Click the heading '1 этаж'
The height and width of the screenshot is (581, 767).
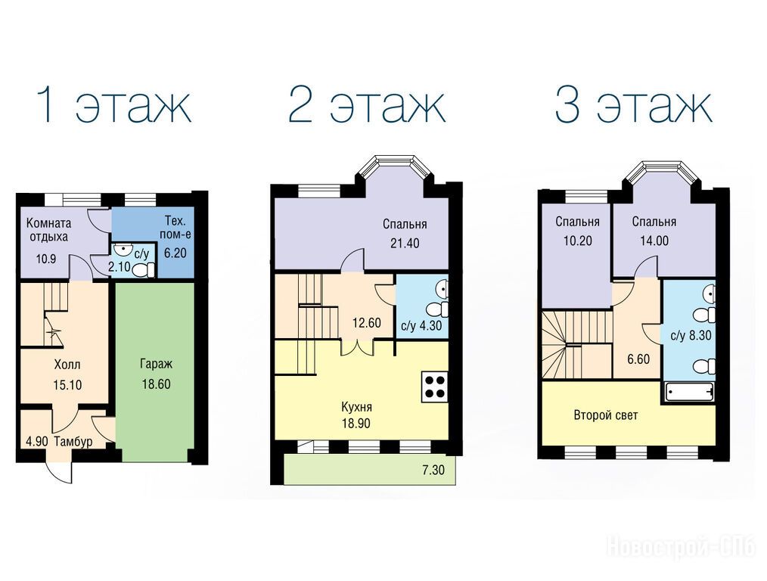[x=114, y=105]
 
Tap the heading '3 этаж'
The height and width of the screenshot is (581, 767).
[x=633, y=105]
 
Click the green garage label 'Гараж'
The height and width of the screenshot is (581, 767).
[x=156, y=365]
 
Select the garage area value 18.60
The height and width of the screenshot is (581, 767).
[x=156, y=384]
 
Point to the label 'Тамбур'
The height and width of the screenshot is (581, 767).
[x=73, y=442]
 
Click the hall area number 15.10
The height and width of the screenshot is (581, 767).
[x=67, y=385]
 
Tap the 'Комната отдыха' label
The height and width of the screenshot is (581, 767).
[x=48, y=230]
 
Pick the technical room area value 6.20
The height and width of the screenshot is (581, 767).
[x=175, y=253]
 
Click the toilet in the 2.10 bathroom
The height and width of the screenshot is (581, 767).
[x=144, y=269]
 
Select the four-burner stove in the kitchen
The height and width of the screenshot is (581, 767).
[x=434, y=387]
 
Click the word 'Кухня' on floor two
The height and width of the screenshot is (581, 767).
[x=356, y=407]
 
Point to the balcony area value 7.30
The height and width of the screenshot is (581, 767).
[x=433, y=471]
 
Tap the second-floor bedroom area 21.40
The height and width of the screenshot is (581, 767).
[x=405, y=243]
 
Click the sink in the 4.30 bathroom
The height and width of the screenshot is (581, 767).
[x=442, y=288]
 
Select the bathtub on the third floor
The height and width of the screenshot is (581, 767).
[x=689, y=392]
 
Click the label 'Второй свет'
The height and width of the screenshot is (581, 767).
[x=606, y=415]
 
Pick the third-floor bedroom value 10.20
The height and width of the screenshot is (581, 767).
[x=577, y=241]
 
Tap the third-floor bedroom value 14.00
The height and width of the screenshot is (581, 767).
[x=654, y=241]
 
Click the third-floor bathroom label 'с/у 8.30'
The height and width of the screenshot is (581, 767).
[x=691, y=336]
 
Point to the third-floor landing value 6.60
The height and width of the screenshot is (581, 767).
[x=638, y=359]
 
